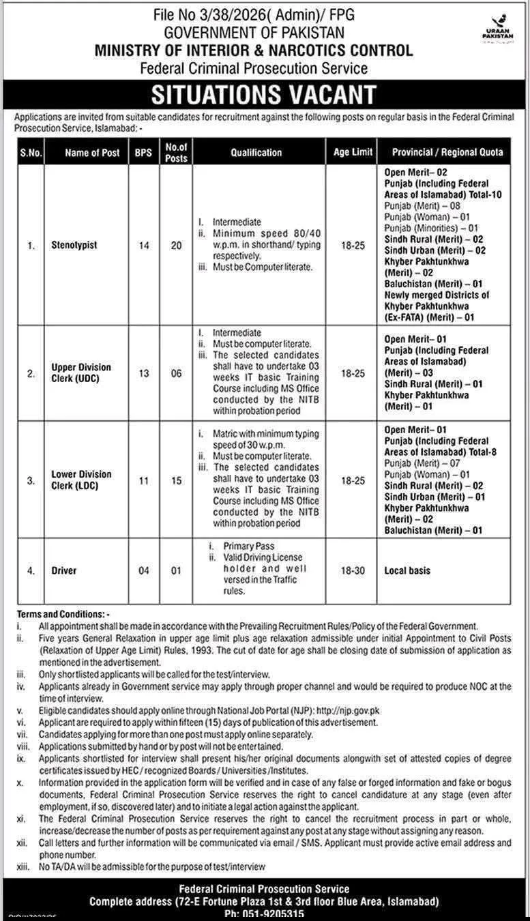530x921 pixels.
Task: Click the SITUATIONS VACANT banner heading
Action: pyautogui.click(x=263, y=94)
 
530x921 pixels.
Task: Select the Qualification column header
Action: pyautogui.click(x=255, y=153)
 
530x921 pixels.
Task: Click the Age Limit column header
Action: pyautogui.click(x=353, y=152)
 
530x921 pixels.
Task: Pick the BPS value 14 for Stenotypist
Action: pyautogui.click(x=143, y=246)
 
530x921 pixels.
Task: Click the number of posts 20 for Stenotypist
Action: pyautogui.click(x=176, y=246)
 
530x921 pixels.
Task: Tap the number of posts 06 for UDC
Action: pyautogui.click(x=176, y=373)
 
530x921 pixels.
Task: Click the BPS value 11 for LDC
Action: pyautogui.click(x=143, y=480)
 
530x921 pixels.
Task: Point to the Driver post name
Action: pyautogui.click(x=63, y=570)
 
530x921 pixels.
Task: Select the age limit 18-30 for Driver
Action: pyautogui.click(x=353, y=570)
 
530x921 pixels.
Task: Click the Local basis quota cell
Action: pyautogui.click(x=407, y=570)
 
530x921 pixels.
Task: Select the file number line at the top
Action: pyautogui.click(x=263, y=14)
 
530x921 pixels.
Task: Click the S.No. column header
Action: pyautogui.click(x=30, y=153)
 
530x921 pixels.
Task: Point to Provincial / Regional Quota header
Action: pyautogui.click(x=447, y=152)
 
